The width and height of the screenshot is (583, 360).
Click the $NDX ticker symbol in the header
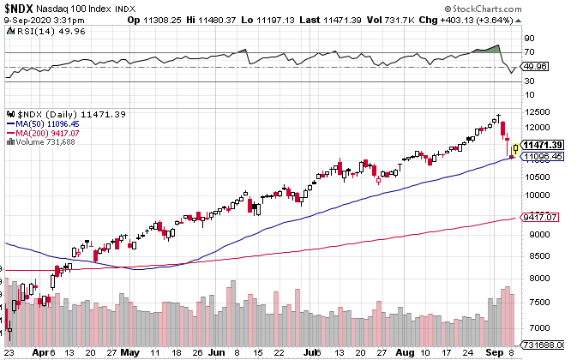coord(19,7)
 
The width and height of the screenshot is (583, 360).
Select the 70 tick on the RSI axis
coord(529,51)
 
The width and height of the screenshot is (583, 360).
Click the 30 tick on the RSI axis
coord(529,81)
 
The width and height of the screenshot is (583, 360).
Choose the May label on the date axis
coord(130,352)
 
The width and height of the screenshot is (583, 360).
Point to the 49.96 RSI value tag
coord(536,66)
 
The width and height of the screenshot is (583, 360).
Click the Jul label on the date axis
coord(308,352)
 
